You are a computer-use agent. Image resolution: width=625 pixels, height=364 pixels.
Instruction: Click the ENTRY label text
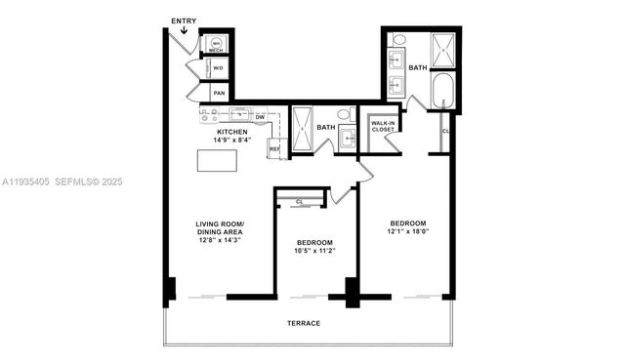pyautogui.click(x=183, y=20)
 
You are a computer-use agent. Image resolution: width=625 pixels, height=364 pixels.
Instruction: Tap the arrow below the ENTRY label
pyautogui.click(x=184, y=33)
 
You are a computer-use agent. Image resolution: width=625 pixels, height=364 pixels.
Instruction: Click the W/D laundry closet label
pyautogui.click(x=219, y=68)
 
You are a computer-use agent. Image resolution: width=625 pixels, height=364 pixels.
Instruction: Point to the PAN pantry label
pyautogui.click(x=219, y=94)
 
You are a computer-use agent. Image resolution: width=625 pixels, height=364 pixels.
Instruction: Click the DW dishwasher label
pyautogui.click(x=260, y=117)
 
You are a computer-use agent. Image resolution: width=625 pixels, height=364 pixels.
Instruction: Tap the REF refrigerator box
pyautogui.click(x=274, y=148)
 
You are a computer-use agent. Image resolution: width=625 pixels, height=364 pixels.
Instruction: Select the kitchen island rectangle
pyautogui.click(x=217, y=161)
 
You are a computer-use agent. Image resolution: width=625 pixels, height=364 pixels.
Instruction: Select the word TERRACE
pyautogui.click(x=304, y=323)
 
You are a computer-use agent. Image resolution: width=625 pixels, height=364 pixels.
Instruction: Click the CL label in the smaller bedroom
pyautogui.click(x=300, y=201)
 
